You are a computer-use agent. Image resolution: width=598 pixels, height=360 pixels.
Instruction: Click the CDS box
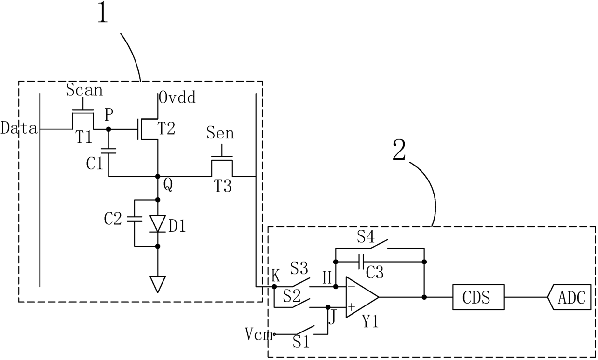pos(478,297)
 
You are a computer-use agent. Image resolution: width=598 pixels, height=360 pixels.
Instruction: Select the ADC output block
pos(569,297)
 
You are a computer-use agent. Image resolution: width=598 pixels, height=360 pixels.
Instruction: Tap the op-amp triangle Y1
pos(362,297)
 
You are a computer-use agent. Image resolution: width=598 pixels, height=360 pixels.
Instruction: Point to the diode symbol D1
pos(158,223)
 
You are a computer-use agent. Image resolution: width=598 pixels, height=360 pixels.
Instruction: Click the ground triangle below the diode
pos(158,284)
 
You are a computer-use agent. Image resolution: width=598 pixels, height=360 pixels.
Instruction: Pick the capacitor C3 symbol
pos(362,262)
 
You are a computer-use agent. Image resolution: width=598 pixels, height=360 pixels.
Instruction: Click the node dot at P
pos(109,129)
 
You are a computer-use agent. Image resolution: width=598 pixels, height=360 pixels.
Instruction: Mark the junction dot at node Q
pos(158,176)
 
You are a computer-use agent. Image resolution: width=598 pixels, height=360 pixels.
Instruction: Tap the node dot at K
pos(274,287)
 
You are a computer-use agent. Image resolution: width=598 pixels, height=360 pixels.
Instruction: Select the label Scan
pos(84,90)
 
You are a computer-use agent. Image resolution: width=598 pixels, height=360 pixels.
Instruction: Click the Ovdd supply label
pos(177,97)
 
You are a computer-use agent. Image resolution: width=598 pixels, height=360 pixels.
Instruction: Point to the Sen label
pos(220,133)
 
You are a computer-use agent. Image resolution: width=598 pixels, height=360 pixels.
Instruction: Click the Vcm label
pos(258,334)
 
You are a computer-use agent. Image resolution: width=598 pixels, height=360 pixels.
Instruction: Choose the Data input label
pos(19,128)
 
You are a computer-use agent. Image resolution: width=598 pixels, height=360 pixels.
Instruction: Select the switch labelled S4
pos(379,244)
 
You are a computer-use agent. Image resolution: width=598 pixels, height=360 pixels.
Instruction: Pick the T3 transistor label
pos(223,186)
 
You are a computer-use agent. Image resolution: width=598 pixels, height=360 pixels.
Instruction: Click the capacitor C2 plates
pos(134,219)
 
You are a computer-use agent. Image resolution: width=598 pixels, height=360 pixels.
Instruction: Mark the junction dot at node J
pos(328,307)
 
